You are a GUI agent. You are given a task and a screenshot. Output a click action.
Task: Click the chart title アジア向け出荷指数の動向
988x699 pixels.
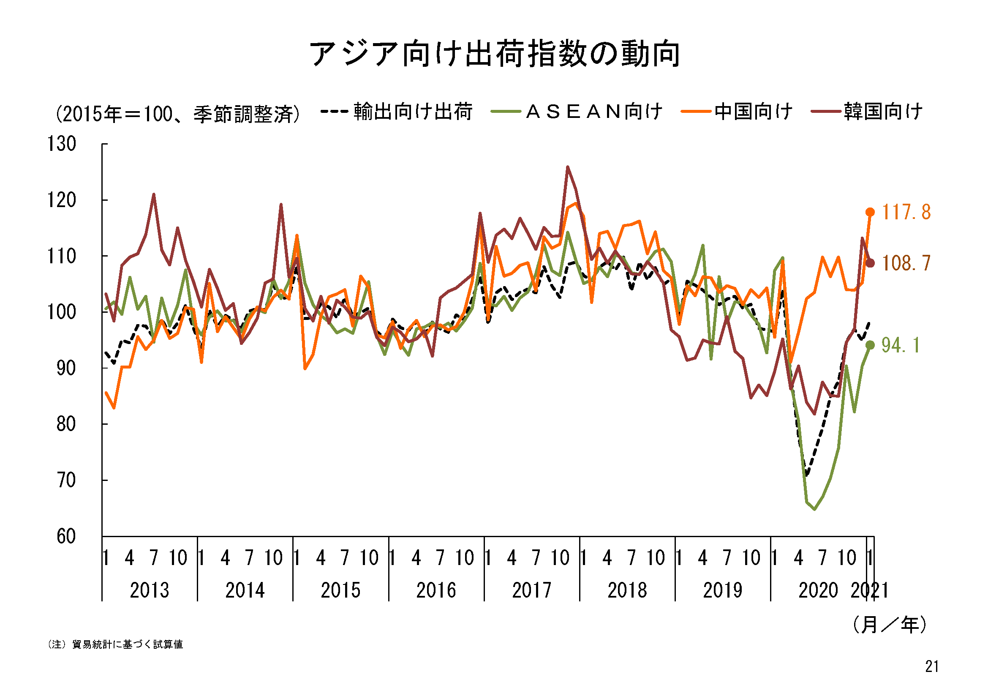click(494, 55)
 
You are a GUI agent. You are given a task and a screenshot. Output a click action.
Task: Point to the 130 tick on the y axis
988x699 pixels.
click(62, 144)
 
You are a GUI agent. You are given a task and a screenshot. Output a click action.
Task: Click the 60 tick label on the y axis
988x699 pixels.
click(66, 537)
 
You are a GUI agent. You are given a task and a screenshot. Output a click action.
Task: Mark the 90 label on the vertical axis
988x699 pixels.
click(66, 369)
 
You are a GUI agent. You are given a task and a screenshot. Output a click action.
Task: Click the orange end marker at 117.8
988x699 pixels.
click(870, 212)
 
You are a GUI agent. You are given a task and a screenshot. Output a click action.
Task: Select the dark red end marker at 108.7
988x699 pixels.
click(870, 263)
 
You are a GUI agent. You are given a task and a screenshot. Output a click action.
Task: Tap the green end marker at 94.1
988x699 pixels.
click(870, 345)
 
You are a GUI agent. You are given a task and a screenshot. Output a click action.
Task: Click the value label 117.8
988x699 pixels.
click(906, 212)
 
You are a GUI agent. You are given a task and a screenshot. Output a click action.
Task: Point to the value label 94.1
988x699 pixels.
click(900, 345)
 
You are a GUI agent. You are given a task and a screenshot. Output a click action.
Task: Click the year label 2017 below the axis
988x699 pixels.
click(531, 590)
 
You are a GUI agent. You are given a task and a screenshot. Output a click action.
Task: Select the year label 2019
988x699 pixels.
click(722, 590)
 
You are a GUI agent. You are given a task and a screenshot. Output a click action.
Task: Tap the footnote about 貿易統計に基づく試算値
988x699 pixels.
click(115, 644)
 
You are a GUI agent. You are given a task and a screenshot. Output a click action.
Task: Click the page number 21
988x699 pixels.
click(932, 667)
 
